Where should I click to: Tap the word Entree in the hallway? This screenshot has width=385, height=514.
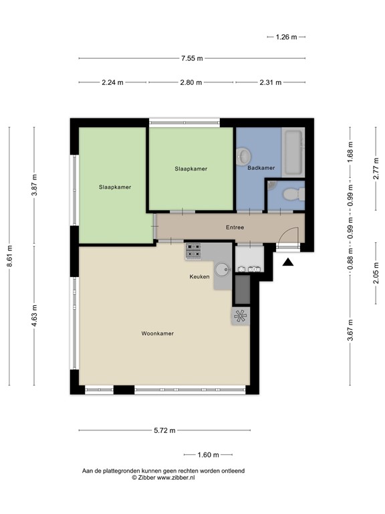[x=235, y=228]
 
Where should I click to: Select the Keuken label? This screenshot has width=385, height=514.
[x=199, y=276]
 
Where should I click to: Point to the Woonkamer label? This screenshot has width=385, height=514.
[x=158, y=333]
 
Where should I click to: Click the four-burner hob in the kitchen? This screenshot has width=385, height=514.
[x=194, y=251]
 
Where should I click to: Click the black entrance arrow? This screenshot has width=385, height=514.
[x=288, y=262]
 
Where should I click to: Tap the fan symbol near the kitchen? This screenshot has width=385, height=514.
[x=241, y=315]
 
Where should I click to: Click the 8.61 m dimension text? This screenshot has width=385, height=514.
[x=10, y=256]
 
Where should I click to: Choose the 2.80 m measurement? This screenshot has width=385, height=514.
[x=190, y=83]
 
